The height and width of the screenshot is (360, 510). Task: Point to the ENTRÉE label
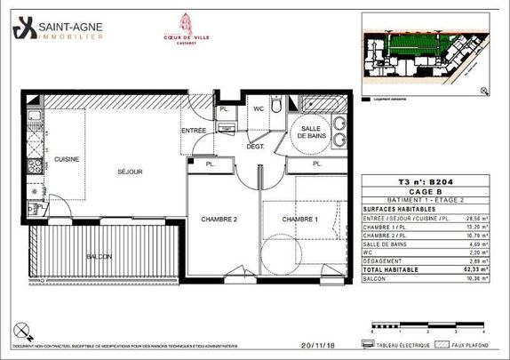point(194,130)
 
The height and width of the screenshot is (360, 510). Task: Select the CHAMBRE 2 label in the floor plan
point(217,219)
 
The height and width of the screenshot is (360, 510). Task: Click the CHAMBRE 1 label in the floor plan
point(299,219)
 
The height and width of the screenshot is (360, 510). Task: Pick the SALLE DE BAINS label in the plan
point(312,134)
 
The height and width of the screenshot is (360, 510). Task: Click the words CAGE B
point(429,189)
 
